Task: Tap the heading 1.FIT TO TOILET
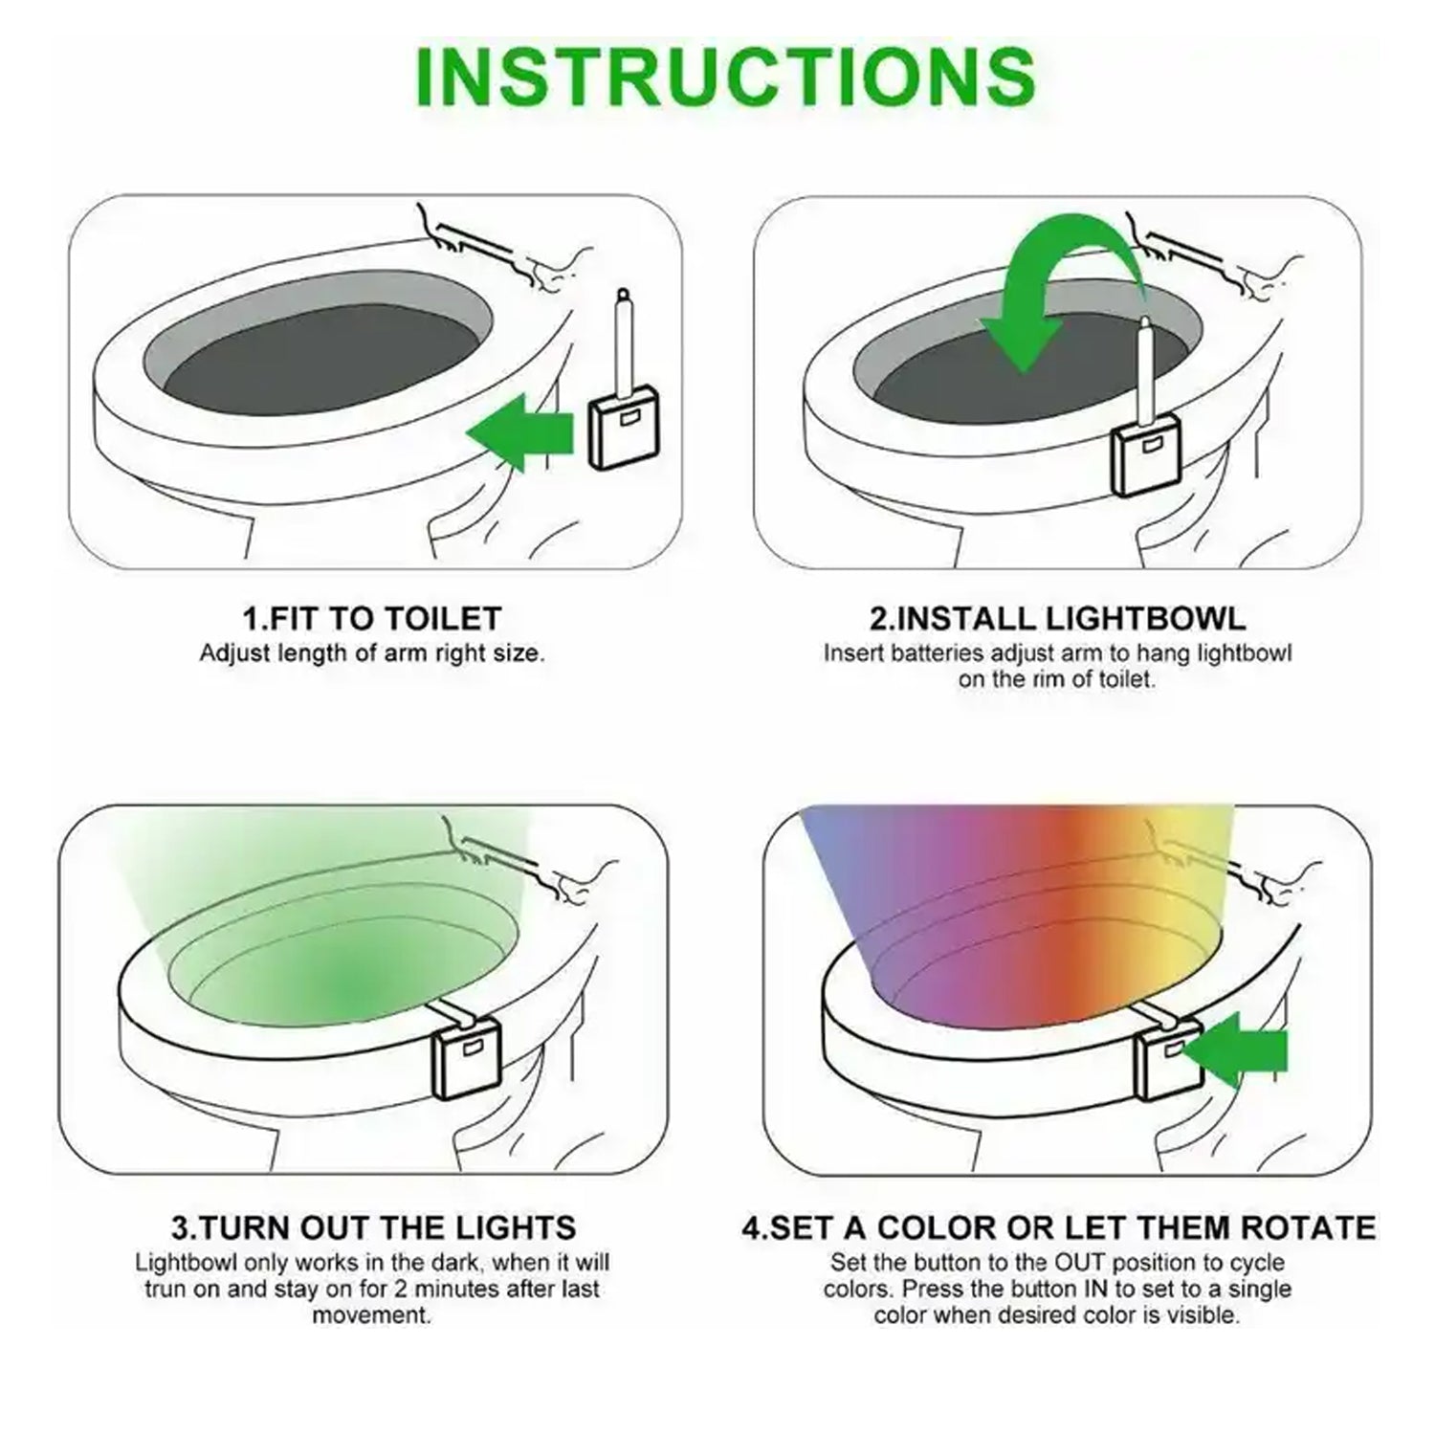pos(371,618)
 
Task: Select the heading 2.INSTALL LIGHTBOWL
pos(1057,618)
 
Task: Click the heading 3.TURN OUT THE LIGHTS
pos(373,1227)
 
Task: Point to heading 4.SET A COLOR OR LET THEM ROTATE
pos(1058,1227)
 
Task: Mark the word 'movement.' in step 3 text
pos(371,1314)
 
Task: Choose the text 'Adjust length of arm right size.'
pos(371,653)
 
